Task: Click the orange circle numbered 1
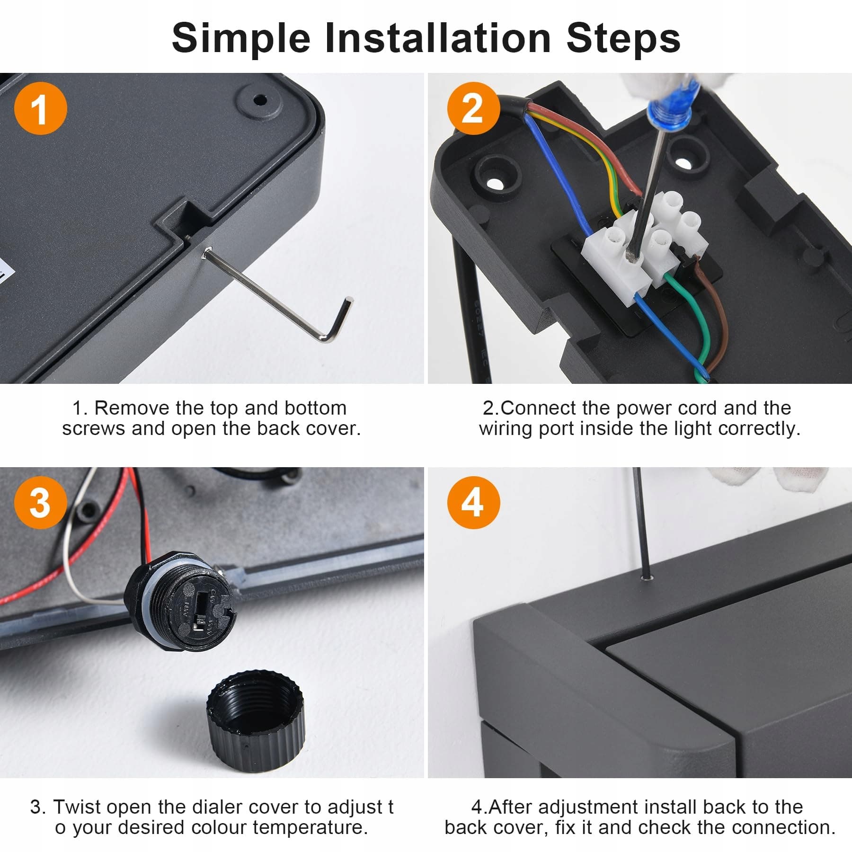[40, 108]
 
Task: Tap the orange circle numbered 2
[473, 108]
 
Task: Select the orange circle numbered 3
[40, 503]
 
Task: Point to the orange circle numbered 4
[473, 503]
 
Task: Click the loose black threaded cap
[256, 719]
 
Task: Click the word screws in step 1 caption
[94, 429]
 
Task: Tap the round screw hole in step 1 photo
[260, 100]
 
